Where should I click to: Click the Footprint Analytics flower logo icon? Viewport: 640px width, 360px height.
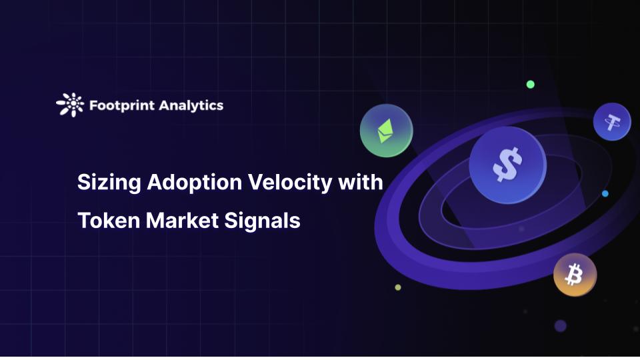70,105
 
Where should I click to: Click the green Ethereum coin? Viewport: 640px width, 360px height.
386,131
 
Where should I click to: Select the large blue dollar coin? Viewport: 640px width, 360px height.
506,165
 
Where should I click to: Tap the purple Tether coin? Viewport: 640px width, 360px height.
612,122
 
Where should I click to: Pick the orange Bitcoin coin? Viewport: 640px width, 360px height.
575,275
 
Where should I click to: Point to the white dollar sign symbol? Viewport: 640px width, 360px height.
506,165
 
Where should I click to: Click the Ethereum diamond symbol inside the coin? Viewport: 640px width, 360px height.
385,131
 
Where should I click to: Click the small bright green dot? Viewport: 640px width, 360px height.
531,85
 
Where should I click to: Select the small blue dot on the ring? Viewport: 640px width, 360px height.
605,194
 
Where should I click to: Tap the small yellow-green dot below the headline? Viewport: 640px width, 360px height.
398,287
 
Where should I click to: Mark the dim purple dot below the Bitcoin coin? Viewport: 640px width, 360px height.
561,325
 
